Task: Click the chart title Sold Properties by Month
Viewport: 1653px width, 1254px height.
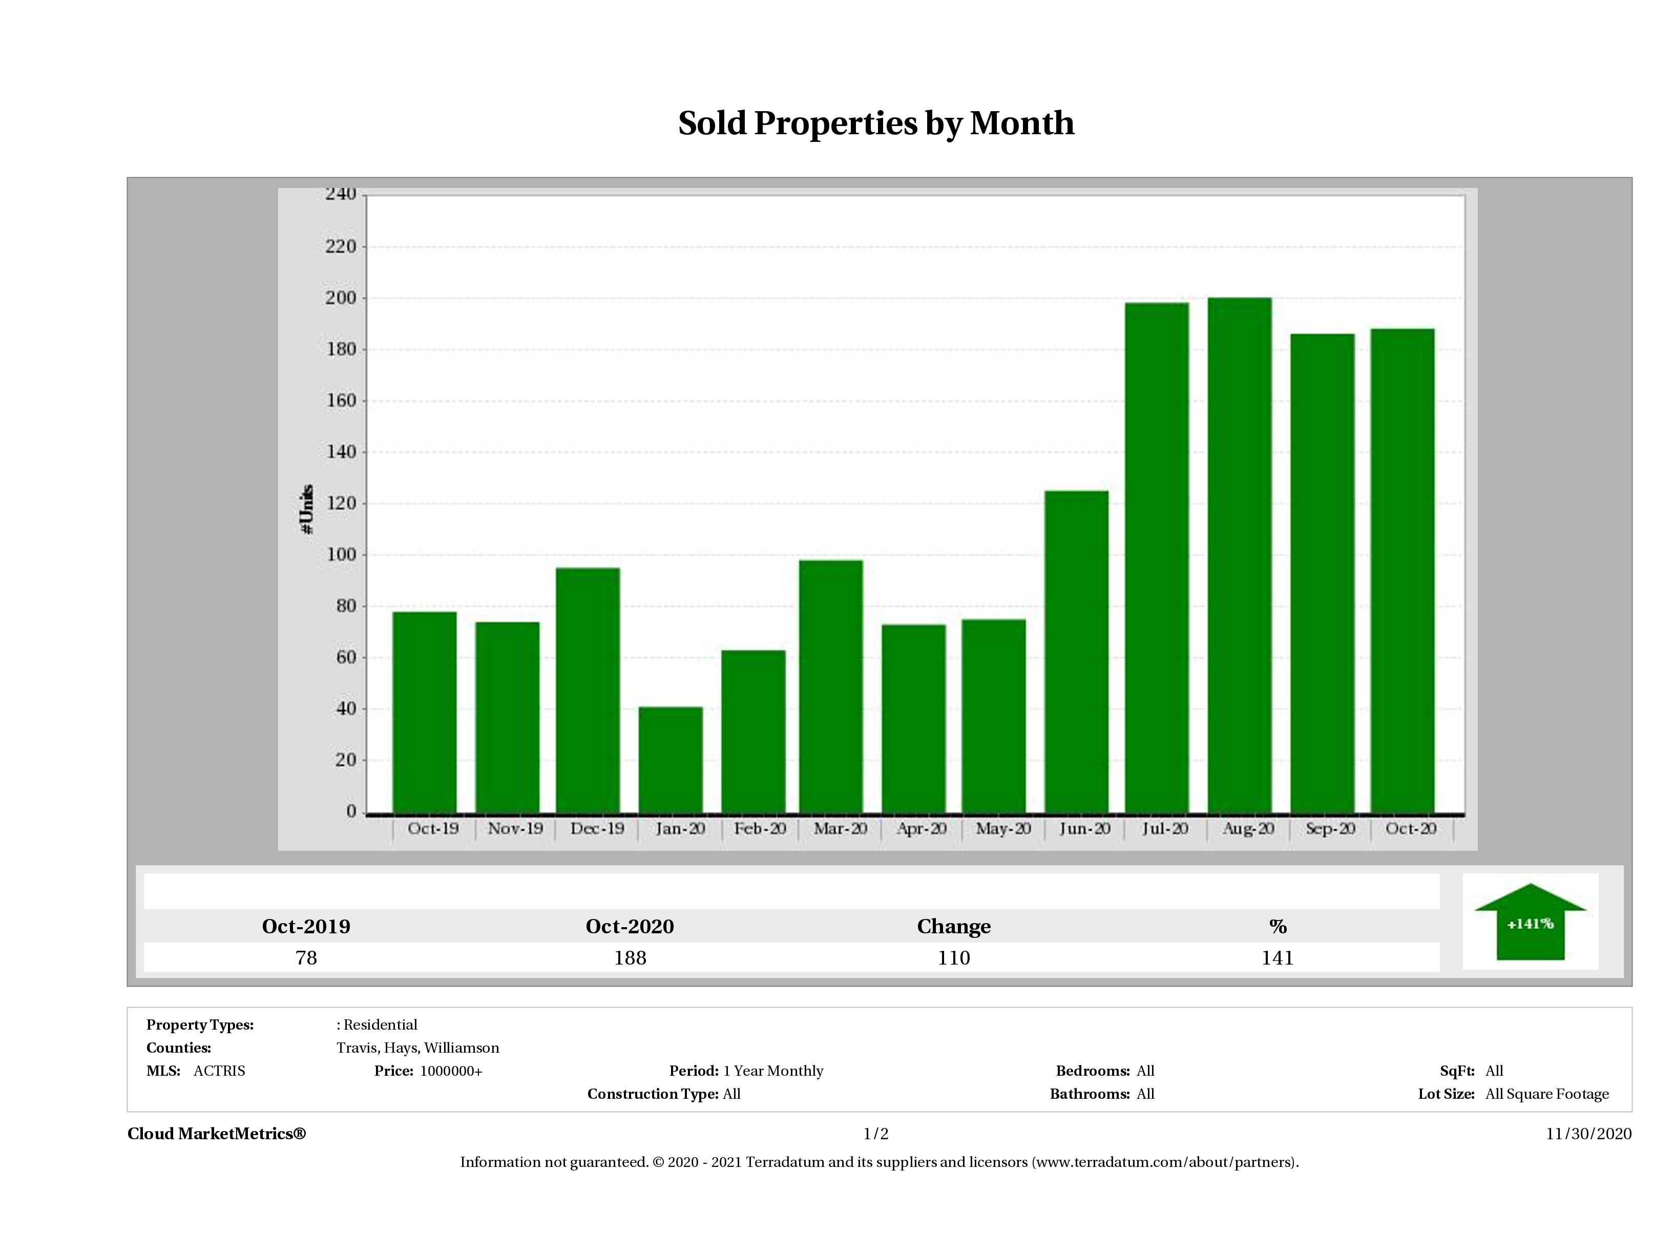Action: pos(876,123)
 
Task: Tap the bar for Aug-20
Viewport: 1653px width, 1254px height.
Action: pos(1239,555)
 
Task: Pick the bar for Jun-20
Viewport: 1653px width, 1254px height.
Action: pos(1076,652)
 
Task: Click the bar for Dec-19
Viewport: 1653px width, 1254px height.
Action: pos(588,690)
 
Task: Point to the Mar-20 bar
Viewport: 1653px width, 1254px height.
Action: pos(830,686)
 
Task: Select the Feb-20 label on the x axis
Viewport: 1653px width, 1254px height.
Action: pos(759,829)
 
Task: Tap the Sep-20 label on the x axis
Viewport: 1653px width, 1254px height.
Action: pos(1330,829)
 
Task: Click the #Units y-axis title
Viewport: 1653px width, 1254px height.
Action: pos(306,509)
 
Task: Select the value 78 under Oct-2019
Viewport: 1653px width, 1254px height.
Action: pos(306,957)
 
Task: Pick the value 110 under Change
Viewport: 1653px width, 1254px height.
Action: pos(954,957)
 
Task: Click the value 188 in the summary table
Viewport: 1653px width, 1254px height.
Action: pos(630,957)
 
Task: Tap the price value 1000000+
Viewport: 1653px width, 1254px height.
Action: pos(451,1071)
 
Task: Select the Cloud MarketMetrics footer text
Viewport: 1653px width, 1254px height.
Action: pos(217,1134)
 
